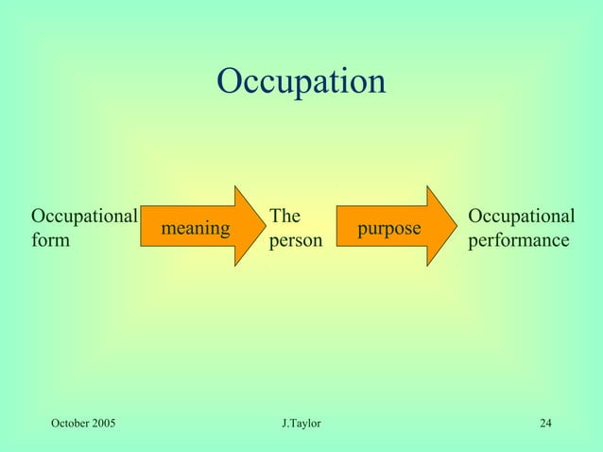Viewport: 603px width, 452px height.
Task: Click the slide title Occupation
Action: [301, 81]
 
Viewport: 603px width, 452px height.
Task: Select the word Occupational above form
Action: [85, 216]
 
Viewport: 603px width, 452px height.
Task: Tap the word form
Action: [50, 241]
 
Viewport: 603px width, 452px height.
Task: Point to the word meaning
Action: [196, 229]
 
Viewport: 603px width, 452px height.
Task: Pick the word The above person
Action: [285, 216]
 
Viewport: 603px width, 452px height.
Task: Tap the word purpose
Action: [389, 229]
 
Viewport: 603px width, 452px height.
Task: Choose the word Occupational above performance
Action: [522, 216]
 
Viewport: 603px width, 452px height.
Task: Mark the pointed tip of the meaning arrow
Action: [266, 226]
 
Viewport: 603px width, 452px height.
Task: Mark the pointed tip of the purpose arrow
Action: [455, 226]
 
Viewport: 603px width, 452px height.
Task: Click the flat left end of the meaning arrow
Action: [143, 226]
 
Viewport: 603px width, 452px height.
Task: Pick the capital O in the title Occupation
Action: [230, 81]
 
